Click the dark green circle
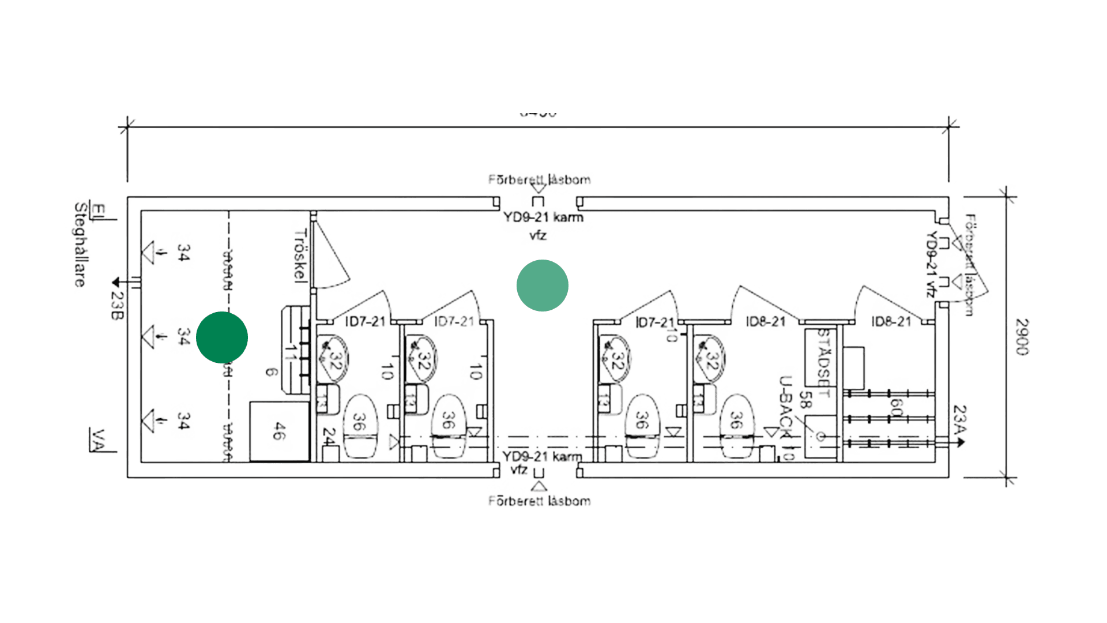tap(222, 337)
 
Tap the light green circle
tap(543, 286)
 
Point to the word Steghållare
tap(80, 246)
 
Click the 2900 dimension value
tap(1022, 337)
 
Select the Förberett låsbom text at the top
tap(539, 179)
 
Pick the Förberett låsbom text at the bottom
tap(539, 501)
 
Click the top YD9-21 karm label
tap(543, 219)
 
